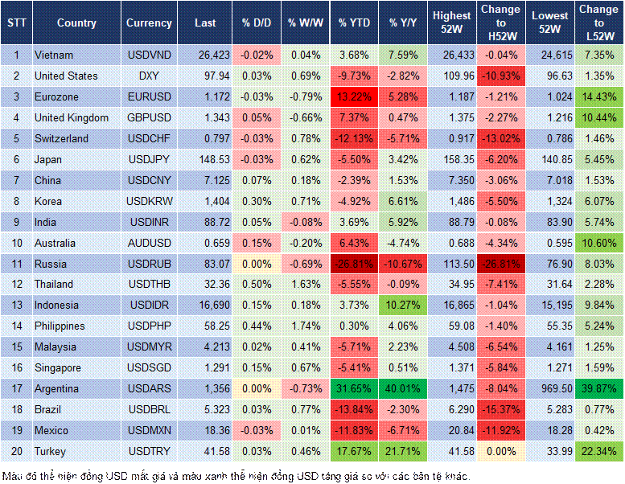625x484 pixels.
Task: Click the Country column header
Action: pyautogui.click(x=76, y=23)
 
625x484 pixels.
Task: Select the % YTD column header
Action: pyautogui.click(x=354, y=23)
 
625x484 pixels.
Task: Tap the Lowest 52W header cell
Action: pyautogui.click(x=550, y=23)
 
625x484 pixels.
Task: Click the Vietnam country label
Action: pyautogui.click(x=54, y=55)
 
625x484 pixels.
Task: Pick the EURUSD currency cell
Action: pyautogui.click(x=149, y=96)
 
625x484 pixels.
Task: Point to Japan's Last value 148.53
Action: pyautogui.click(x=205, y=159)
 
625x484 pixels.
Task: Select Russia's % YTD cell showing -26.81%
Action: pyautogui.click(x=354, y=264)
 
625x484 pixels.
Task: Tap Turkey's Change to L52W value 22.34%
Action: pyautogui.click(x=599, y=451)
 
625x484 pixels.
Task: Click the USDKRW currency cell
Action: pyautogui.click(x=149, y=201)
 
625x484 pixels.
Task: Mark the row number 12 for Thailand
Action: pyautogui.click(x=15, y=285)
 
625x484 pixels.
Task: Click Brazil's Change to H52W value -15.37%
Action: pyautogui.click(x=500, y=409)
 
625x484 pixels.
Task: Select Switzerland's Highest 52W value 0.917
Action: pyautogui.click(x=451, y=138)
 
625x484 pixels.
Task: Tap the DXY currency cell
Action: pyautogui.click(x=149, y=76)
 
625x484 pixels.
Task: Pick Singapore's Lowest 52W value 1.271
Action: pyautogui.click(x=550, y=367)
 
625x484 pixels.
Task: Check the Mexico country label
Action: pyautogui.click(x=51, y=430)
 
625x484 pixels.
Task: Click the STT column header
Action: pyautogui.click(x=15, y=23)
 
